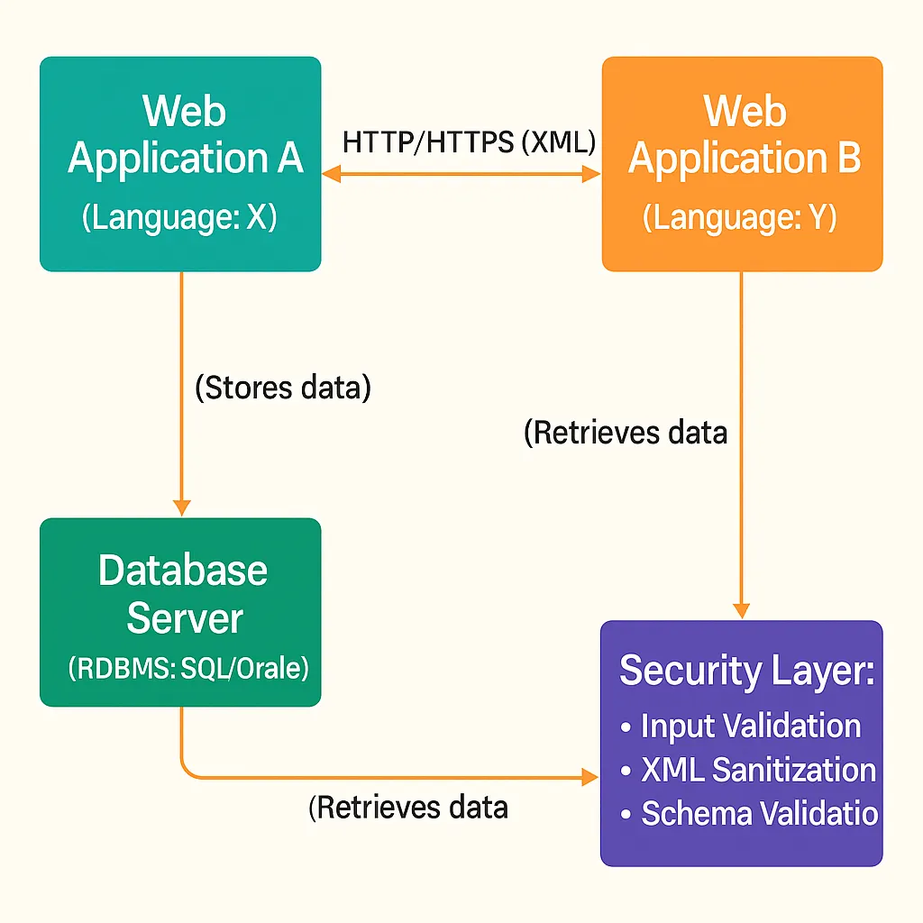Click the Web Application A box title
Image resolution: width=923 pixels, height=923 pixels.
point(185,134)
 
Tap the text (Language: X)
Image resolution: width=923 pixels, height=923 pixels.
point(180,218)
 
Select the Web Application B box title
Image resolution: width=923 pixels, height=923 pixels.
point(745,134)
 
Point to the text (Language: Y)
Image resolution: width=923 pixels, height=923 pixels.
point(740,218)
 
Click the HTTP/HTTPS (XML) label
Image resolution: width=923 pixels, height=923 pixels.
point(469,143)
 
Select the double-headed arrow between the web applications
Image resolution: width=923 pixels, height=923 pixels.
point(461,174)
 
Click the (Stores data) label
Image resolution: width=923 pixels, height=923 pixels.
point(283,388)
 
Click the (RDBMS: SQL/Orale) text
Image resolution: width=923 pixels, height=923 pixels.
point(188,668)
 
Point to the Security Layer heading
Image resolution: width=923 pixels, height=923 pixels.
point(747,671)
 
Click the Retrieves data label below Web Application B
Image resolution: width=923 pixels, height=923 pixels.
point(626,433)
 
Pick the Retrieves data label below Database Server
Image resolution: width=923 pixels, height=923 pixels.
point(408,807)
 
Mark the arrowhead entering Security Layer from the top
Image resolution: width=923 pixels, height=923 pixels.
point(741,609)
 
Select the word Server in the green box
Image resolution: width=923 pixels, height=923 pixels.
point(185,618)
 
